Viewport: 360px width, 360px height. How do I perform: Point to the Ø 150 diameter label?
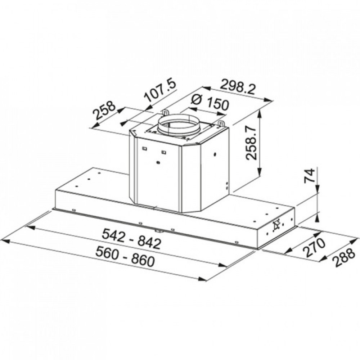click(x=211, y=102)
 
